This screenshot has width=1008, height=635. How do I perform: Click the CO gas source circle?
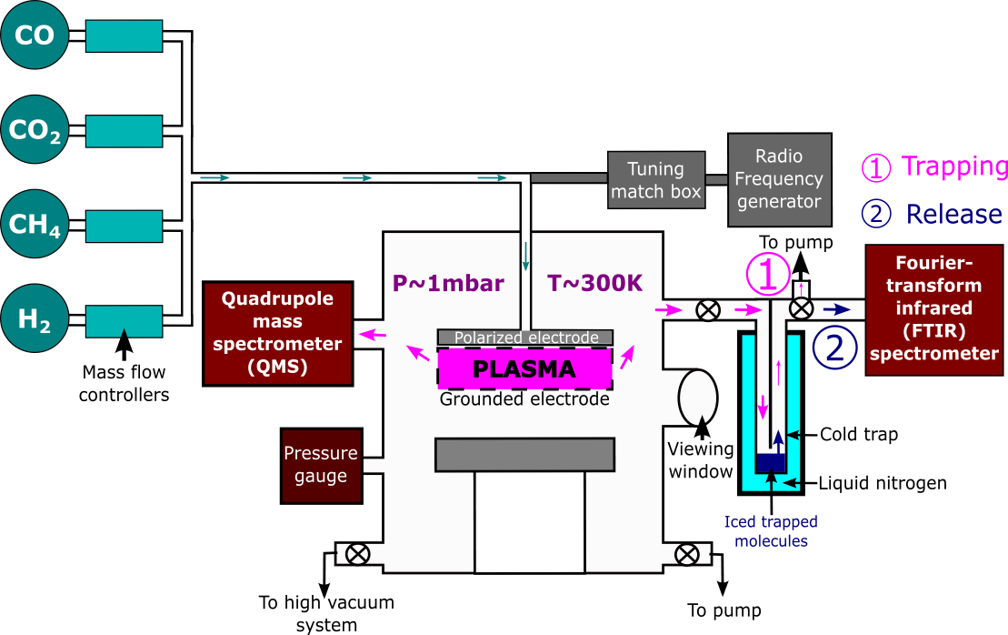(x=33, y=35)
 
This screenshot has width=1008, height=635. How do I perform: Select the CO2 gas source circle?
(x=33, y=130)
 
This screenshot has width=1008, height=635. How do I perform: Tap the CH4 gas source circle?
(x=33, y=224)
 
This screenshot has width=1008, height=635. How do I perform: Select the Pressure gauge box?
(x=321, y=465)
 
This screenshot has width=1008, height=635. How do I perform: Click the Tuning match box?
(x=655, y=180)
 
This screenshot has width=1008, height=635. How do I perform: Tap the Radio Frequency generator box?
(x=779, y=179)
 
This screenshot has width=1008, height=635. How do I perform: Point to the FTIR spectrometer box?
(x=933, y=309)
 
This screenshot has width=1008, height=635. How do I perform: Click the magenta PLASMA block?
(x=524, y=369)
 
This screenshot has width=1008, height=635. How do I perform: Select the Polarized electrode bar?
(x=524, y=338)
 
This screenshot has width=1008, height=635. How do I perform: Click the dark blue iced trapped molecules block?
(x=771, y=463)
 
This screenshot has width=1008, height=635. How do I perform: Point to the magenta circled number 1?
(x=767, y=273)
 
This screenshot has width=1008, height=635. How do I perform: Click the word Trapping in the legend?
(x=954, y=166)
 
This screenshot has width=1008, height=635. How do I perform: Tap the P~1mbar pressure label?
(x=447, y=283)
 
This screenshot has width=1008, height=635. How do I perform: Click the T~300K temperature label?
(x=594, y=283)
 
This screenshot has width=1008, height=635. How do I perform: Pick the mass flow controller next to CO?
(x=124, y=35)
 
